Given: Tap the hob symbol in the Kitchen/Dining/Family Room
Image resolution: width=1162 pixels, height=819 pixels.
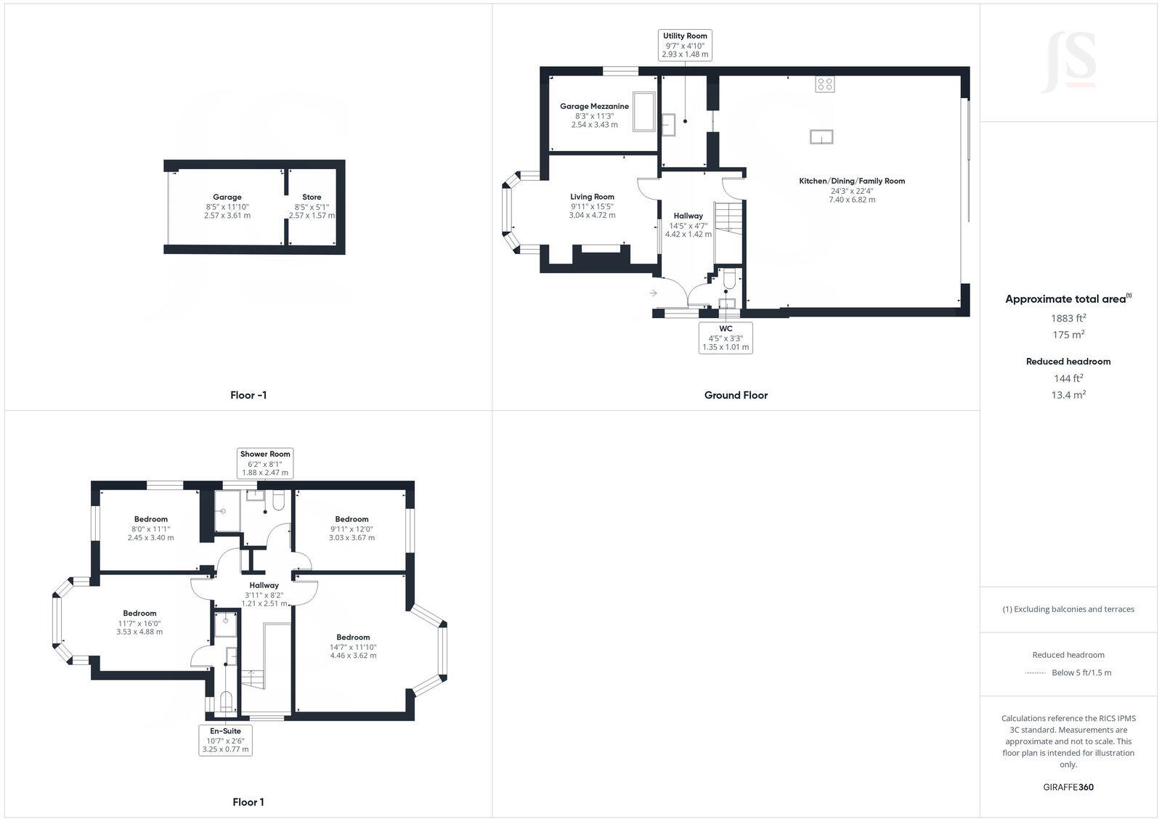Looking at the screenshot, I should click(824, 84).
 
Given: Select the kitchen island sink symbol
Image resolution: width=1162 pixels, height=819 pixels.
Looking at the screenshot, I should click(821, 137).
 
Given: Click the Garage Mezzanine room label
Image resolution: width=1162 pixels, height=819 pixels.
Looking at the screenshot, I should click(594, 106).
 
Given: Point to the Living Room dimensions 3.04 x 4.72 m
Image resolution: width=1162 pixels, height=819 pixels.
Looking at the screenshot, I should click(592, 216).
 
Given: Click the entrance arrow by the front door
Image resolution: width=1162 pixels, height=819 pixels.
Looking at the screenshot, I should click(653, 293).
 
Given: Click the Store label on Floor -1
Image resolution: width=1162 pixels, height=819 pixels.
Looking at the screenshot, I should click(312, 197).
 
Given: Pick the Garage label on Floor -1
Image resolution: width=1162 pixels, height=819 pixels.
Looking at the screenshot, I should click(227, 197).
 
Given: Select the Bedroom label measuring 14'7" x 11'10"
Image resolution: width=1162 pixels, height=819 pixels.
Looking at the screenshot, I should click(353, 637).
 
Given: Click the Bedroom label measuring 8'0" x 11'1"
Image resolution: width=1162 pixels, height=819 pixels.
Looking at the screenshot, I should click(150, 519).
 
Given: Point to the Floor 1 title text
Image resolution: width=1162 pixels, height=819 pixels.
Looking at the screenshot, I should click(248, 802).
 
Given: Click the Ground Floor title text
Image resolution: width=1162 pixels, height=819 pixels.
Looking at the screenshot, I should click(736, 395).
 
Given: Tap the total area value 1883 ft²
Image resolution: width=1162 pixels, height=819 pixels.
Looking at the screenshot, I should click(1068, 318).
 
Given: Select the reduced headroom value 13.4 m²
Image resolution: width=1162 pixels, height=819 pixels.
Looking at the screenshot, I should click(1068, 395).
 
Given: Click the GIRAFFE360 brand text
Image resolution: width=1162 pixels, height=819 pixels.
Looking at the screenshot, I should click(1068, 787).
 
